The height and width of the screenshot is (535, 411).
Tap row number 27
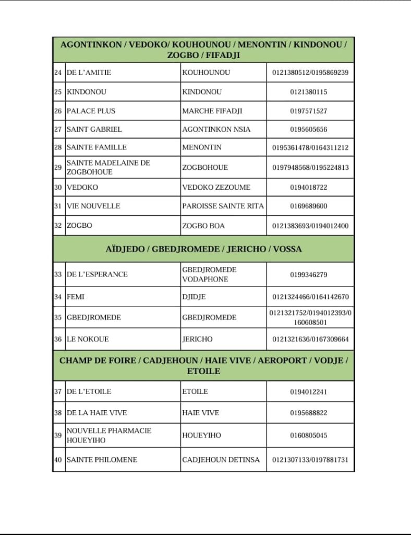pyautogui.click(x=58, y=129)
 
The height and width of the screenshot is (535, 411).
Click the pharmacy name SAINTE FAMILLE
pyautogui.click(x=96, y=147)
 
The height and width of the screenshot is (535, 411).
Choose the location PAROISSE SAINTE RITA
pyautogui.click(x=223, y=206)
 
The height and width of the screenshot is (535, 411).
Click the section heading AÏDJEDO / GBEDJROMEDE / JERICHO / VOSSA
pyautogui.click(x=203, y=249)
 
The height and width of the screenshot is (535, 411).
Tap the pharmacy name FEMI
pyautogui.click(x=76, y=297)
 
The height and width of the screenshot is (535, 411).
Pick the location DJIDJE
pyautogui.click(x=194, y=297)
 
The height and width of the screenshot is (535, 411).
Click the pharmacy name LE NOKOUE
pyautogui.click(x=88, y=339)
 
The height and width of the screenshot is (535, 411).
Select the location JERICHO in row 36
pyautogui.click(x=197, y=339)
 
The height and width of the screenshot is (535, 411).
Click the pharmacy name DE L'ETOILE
pyautogui.click(x=89, y=391)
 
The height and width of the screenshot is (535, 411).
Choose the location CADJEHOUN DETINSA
pyautogui.click(x=221, y=460)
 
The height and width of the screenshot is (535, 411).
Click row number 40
pyautogui.click(x=58, y=460)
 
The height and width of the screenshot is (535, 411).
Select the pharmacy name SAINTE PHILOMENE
pyautogui.click(x=102, y=460)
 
